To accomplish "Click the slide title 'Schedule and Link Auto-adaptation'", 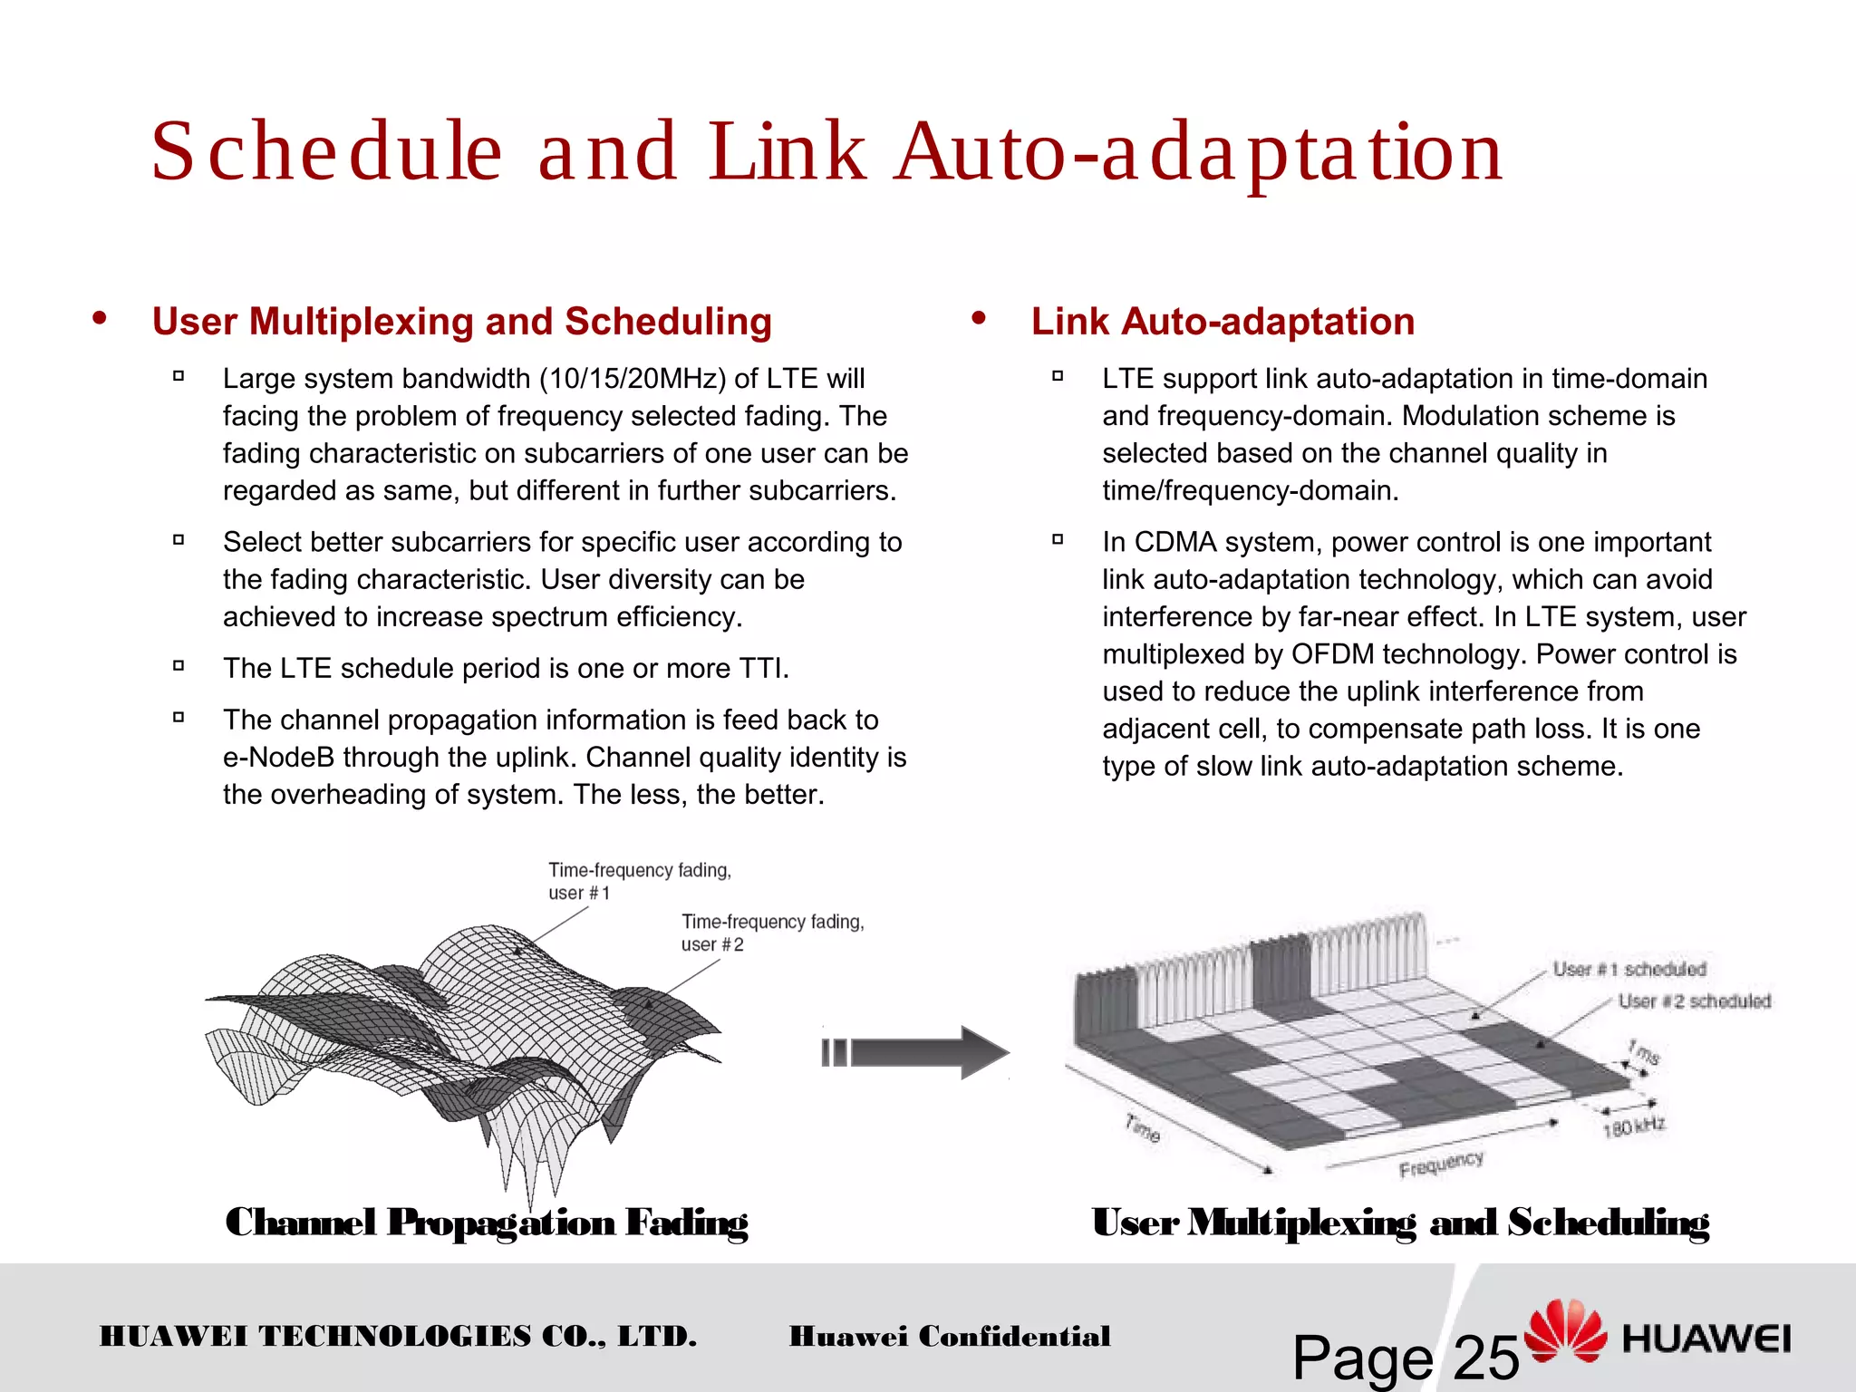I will point(826,152).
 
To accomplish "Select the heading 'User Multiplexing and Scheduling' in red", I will point(461,322).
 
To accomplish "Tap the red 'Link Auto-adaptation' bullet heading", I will point(1223,322).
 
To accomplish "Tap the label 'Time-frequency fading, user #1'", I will point(639,881).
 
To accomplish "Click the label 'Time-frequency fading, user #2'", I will point(772,933).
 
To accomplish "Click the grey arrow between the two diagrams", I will point(915,1052).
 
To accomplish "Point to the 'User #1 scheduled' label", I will point(1629,970).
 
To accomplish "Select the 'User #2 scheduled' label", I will point(1694,1001).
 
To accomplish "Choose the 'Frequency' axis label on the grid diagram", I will point(1441,1165).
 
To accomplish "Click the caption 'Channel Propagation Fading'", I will point(487,1223).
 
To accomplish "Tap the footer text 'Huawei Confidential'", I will point(949,1337).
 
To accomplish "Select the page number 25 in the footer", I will point(1486,1358).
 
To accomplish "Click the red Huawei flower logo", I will point(1565,1329).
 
